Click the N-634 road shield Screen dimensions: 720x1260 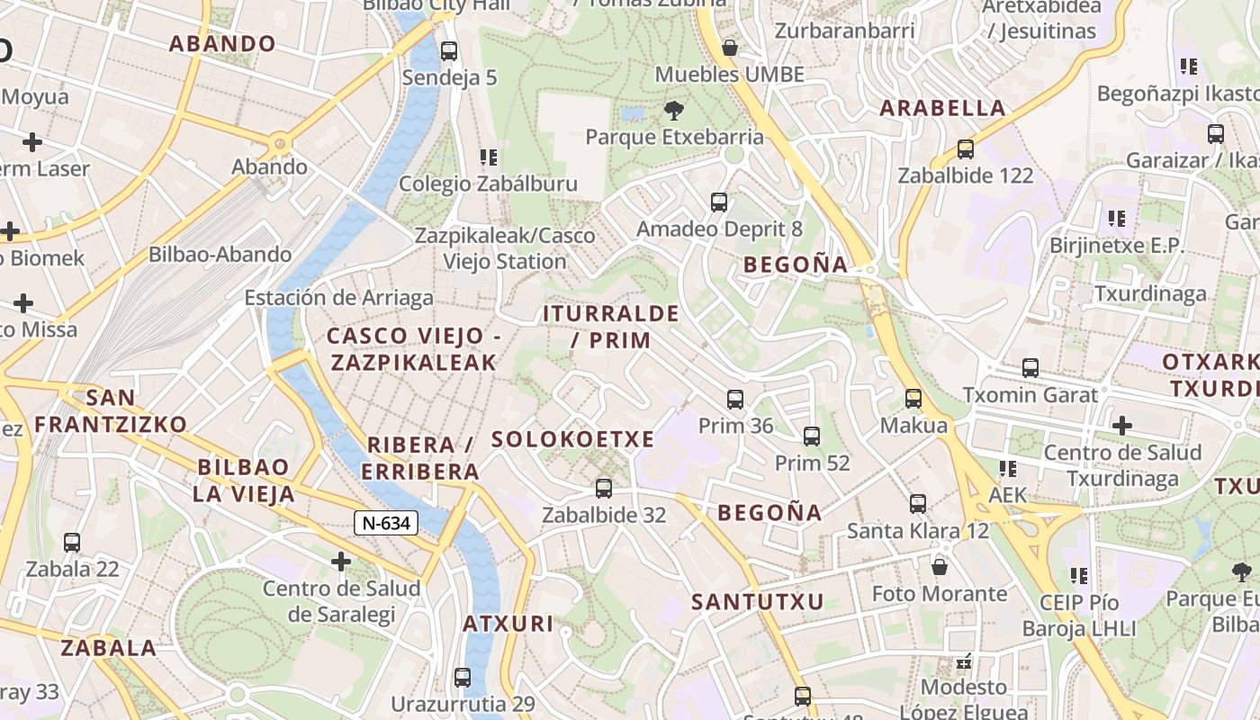pos(386,522)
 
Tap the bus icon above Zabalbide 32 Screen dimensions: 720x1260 pos(604,489)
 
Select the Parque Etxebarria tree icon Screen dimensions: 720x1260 pos(673,111)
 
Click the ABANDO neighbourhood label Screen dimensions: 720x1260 pos(222,43)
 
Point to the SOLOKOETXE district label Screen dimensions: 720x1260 pos(572,439)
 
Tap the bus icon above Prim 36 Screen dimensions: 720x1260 pos(735,399)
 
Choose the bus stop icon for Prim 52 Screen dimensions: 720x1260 pos(812,436)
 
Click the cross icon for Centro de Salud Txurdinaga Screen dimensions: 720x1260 pos(1121,425)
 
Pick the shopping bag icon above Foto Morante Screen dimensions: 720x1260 pos(940,567)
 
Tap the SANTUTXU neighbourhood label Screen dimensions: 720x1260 pos(757,602)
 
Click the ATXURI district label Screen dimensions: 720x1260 pos(508,624)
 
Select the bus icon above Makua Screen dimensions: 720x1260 pos(913,398)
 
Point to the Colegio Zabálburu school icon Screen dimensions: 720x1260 pos(489,157)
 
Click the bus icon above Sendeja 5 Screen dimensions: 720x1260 pos(449,51)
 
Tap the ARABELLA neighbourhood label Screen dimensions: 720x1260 pos(942,108)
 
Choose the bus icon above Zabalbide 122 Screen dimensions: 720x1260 pos(966,148)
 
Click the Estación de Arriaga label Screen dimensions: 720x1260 pos(338,297)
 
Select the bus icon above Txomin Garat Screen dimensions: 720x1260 pos(1030,368)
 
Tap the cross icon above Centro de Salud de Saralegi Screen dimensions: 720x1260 pos(340,562)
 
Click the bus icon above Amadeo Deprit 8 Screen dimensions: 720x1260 pos(719,202)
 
